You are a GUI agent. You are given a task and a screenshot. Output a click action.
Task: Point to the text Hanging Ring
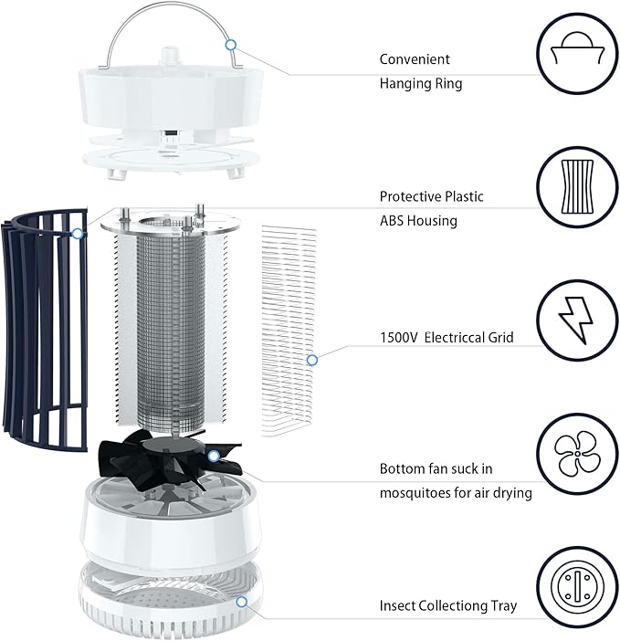click(x=421, y=83)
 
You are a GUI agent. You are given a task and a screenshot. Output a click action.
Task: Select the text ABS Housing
click(x=418, y=220)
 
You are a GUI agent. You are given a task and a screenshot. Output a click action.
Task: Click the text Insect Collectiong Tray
click(x=447, y=605)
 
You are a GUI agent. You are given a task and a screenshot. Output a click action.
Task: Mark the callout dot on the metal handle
click(x=231, y=43)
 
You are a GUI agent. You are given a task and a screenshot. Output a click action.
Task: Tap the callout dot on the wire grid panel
click(x=312, y=360)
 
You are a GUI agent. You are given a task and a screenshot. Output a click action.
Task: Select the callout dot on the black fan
click(x=213, y=455)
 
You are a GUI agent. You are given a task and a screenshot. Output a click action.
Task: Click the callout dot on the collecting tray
click(x=242, y=602)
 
